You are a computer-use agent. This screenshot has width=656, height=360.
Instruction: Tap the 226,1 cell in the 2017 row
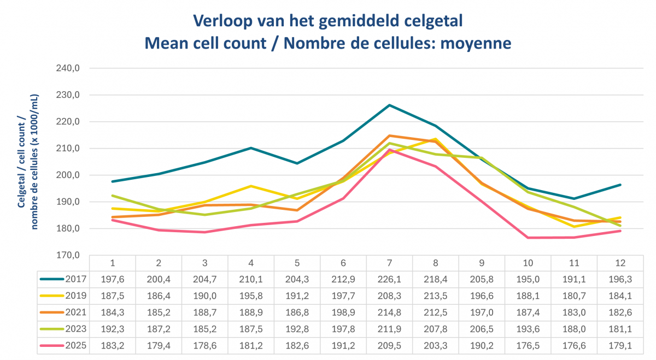[x=390, y=279]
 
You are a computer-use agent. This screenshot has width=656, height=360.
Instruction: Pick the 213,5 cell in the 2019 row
[x=436, y=296]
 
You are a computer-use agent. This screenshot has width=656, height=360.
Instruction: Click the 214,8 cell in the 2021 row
[x=390, y=313]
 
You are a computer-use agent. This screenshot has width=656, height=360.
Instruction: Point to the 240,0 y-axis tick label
[x=69, y=68]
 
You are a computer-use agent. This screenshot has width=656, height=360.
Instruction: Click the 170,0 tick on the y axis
[x=69, y=255]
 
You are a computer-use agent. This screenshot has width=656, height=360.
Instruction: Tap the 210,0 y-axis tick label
[x=69, y=149]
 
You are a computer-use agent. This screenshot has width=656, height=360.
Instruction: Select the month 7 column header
[x=390, y=262]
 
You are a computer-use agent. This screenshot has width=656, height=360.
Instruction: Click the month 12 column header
[x=620, y=262]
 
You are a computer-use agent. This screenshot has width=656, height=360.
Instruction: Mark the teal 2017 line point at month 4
[x=251, y=147]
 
